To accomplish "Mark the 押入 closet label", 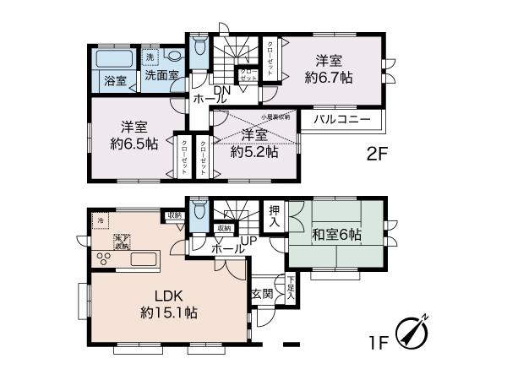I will click(x=275, y=216).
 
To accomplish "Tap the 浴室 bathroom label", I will click(x=116, y=81).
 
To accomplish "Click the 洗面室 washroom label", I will click(x=161, y=76).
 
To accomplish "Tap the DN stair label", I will click(x=222, y=90).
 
